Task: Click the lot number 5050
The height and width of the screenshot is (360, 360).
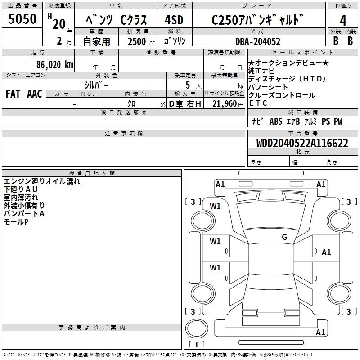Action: point(22,18)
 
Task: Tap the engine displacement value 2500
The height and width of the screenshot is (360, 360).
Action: point(137,41)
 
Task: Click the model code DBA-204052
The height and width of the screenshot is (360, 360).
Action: point(258,41)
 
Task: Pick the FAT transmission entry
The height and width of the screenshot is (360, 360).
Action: point(13,94)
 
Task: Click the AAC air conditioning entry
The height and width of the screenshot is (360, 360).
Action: point(34,94)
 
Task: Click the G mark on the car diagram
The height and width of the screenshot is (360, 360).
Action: point(284,237)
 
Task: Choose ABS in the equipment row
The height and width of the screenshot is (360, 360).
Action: point(276,121)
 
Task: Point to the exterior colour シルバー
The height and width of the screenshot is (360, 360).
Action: point(96,84)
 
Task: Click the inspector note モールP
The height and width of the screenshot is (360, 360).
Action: point(16,222)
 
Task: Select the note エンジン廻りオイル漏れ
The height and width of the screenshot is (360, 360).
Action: point(42,181)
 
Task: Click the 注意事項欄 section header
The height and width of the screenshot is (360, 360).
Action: point(123,134)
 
